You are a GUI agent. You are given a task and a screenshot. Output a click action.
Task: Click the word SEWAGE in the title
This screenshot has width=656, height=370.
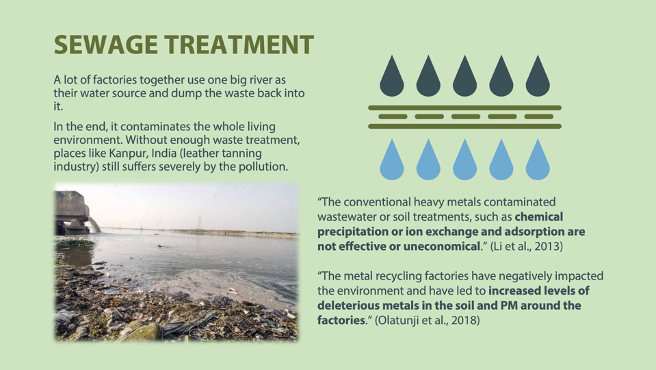106,45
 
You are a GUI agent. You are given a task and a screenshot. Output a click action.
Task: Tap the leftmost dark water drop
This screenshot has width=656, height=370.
391,76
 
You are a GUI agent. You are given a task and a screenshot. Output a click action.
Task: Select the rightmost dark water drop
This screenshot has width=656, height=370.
537,76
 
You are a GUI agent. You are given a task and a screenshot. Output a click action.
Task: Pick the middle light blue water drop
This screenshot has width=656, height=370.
464,160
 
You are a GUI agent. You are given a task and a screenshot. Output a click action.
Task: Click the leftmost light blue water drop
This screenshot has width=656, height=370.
391,160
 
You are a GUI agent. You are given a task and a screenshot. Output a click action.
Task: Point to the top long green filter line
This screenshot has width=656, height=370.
464,108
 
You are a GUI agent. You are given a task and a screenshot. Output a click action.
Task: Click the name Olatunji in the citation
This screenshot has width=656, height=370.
395,321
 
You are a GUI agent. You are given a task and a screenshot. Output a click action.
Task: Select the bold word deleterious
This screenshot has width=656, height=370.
347,306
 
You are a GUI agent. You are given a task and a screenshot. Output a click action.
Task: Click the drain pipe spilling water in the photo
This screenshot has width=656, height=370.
94,225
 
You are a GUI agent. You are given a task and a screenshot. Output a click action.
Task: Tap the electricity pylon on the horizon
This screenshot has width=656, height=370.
200,222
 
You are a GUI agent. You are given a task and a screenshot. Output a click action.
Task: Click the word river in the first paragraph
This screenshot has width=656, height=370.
252,79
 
